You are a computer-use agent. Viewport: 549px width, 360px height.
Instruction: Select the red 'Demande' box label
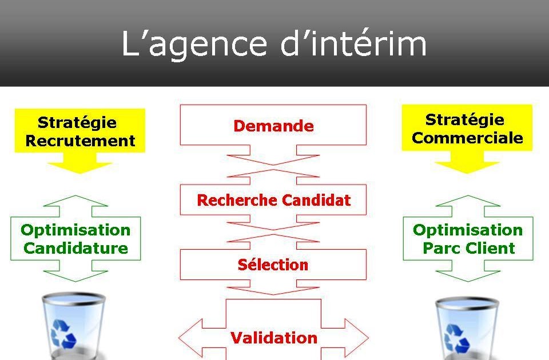pyautogui.click(x=273, y=126)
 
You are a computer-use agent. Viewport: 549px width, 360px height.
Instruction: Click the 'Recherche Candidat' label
pyautogui.click(x=273, y=201)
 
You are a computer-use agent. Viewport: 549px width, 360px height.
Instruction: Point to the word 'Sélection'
pyautogui.click(x=273, y=265)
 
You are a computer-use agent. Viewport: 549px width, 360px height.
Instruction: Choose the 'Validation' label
pyautogui.click(x=273, y=338)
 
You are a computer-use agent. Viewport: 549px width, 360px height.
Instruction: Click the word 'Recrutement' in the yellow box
pyautogui.click(x=80, y=141)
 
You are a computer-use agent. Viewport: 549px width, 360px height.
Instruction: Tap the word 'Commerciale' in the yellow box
pyautogui.click(x=467, y=138)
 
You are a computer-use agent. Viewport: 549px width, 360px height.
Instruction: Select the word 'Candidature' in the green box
pyautogui.click(x=76, y=249)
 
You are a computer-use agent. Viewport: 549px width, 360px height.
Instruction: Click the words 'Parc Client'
pyautogui.click(x=468, y=249)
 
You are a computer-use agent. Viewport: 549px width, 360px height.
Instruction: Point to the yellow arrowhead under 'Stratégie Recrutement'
pyautogui.click(x=79, y=166)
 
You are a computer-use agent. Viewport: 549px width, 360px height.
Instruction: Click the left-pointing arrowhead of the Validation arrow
pyautogui.click(x=192, y=337)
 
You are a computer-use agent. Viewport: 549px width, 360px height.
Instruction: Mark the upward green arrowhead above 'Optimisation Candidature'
pyautogui.click(x=75, y=201)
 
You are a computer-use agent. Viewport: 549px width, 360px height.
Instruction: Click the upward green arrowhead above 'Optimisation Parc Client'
pyautogui.click(x=468, y=201)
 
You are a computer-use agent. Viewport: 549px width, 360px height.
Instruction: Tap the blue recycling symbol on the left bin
pyautogui.click(x=63, y=334)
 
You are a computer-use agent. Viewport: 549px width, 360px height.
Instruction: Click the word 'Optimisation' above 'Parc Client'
pyautogui.click(x=468, y=230)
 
